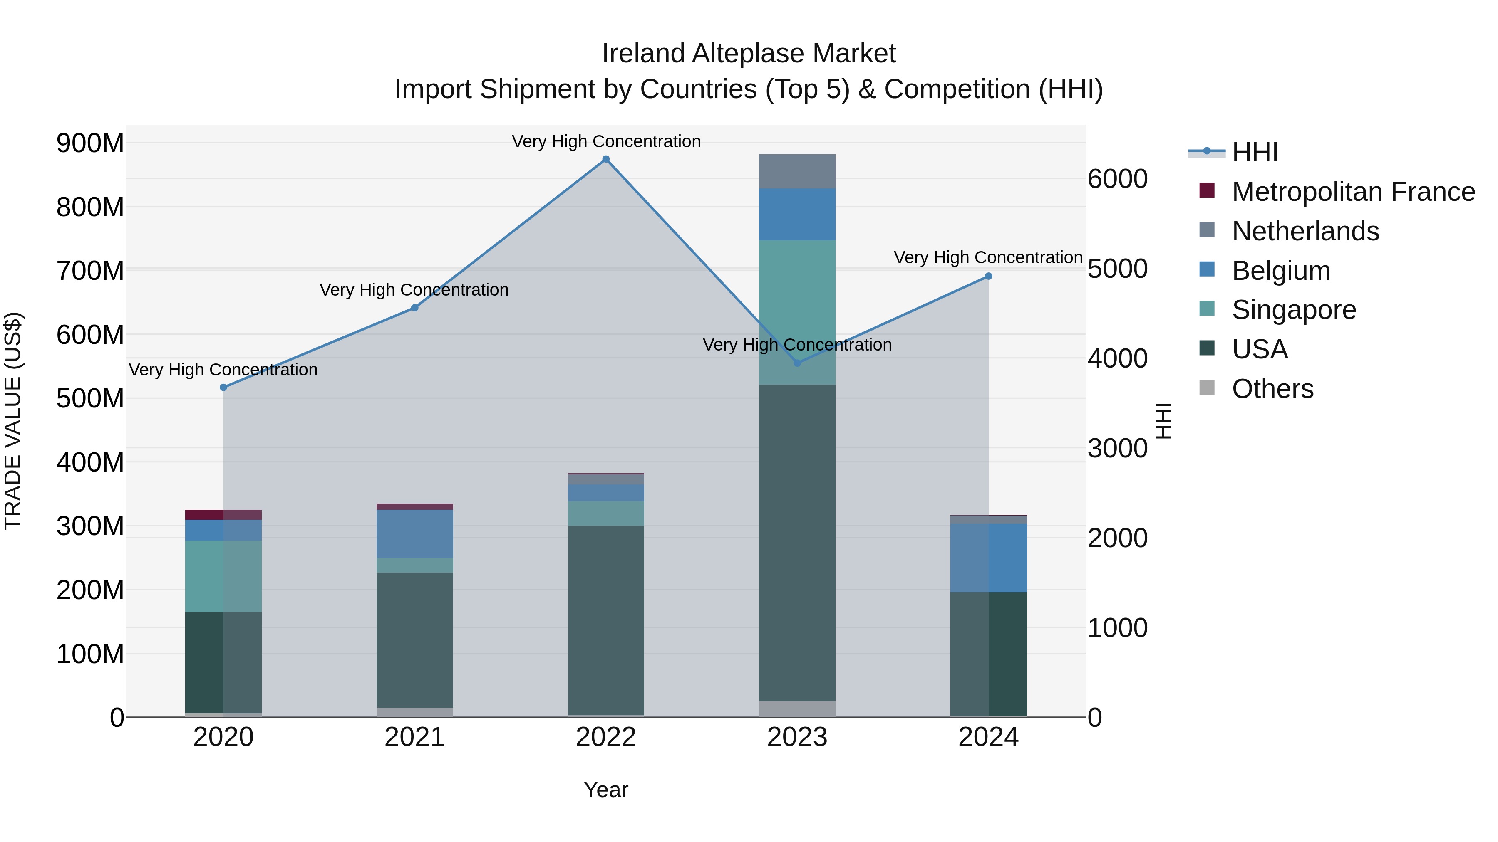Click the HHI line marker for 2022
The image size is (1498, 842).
pos(606,159)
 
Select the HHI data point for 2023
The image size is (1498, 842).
pos(797,363)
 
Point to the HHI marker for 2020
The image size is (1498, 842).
pos(223,388)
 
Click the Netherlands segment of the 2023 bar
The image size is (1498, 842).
pos(797,171)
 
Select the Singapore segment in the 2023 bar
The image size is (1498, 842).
pos(797,312)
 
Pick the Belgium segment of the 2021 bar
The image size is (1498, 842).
pos(414,533)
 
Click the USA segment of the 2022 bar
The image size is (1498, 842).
pos(606,620)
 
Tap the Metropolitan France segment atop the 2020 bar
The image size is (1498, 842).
pos(223,514)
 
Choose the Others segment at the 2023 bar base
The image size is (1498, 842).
pos(797,709)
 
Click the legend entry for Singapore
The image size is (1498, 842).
pos(1293,310)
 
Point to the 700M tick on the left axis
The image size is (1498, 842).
pos(90,271)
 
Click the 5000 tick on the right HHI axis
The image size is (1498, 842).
pos(1117,269)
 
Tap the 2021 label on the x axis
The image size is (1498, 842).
pos(414,737)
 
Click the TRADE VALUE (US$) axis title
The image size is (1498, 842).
pos(13,421)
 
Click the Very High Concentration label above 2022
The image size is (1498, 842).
pos(606,141)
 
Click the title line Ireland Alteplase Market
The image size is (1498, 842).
pos(749,54)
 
